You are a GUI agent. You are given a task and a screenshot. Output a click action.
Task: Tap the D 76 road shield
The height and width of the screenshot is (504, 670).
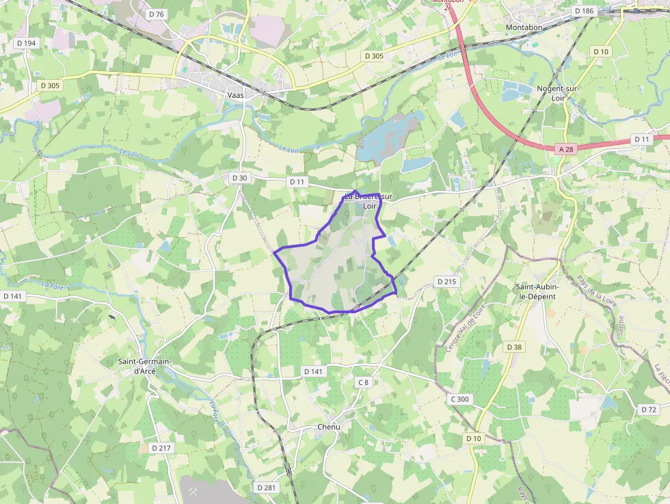(157, 14)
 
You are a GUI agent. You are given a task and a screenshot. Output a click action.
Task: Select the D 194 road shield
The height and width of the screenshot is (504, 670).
(26, 43)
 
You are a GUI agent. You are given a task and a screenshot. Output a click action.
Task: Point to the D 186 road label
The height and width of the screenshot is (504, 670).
(584, 11)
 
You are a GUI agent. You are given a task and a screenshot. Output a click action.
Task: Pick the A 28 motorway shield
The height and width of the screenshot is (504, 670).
(564, 148)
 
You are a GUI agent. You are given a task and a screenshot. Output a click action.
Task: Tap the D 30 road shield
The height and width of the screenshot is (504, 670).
(239, 178)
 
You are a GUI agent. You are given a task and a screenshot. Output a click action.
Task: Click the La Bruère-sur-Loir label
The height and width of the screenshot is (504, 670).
(369, 200)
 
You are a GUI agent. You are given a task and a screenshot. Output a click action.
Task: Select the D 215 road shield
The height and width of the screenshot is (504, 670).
(446, 282)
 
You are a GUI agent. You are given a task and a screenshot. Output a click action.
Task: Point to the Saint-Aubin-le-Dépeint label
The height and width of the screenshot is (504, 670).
(537, 291)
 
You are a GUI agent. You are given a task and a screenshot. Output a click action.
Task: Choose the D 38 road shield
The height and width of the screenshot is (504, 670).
(514, 347)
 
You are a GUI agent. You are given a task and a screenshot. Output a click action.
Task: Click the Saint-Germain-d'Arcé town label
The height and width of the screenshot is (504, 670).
(145, 366)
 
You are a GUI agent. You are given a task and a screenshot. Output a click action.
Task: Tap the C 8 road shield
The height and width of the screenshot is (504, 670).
(363, 382)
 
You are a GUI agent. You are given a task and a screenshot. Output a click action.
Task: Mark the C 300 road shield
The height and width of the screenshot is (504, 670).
(460, 399)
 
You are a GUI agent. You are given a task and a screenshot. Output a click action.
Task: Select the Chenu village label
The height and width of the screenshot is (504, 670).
(328, 427)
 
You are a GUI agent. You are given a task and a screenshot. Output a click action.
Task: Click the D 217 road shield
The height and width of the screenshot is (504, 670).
(160, 448)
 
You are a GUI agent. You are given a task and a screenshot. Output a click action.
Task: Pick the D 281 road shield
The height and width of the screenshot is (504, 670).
(267, 488)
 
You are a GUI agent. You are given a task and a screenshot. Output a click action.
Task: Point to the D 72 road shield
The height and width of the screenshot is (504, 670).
(648, 409)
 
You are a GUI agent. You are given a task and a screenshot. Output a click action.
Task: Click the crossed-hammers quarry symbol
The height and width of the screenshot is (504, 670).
(192, 490)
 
